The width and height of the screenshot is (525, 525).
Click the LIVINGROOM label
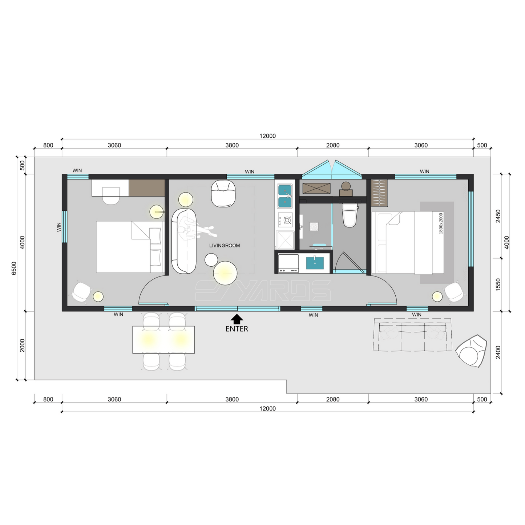pos(225,246)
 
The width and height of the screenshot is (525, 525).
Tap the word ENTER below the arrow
pos(237,329)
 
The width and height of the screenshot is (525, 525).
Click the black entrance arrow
pos(237,319)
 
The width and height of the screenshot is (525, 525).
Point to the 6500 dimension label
pos(14,268)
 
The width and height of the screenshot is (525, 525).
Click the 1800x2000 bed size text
pos(441,223)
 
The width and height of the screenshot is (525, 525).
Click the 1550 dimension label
pos(498,284)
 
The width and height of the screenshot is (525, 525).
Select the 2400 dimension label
pos(498,352)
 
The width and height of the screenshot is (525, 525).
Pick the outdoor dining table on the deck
pos(163,339)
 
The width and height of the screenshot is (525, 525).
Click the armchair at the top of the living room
pos(223,193)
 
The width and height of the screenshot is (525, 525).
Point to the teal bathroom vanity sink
pos(315,263)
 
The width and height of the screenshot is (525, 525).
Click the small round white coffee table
pos(211,260)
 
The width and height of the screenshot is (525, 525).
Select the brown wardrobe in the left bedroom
pos(147,187)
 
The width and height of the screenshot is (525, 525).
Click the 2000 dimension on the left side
pos(23,346)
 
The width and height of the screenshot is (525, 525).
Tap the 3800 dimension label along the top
pos(232,145)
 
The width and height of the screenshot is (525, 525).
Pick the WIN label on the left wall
pos(59,227)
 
